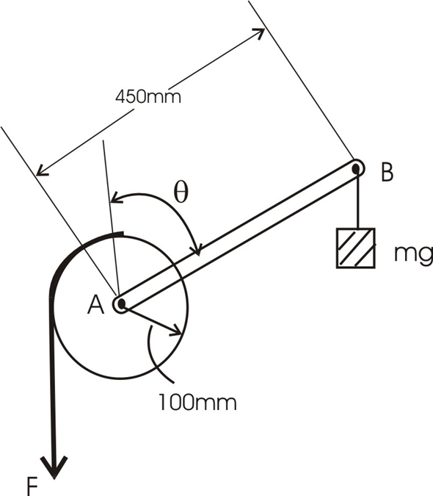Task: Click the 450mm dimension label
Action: coord(148,97)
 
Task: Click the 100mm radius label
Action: coord(197,403)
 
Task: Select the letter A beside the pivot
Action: coord(95,305)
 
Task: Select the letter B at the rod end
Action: coord(387,172)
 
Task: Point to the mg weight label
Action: coord(413,254)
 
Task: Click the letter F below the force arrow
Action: coord(32,487)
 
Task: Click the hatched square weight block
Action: coord(356,248)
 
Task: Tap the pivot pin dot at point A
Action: coord(122,304)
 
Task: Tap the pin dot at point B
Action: coord(356,168)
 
